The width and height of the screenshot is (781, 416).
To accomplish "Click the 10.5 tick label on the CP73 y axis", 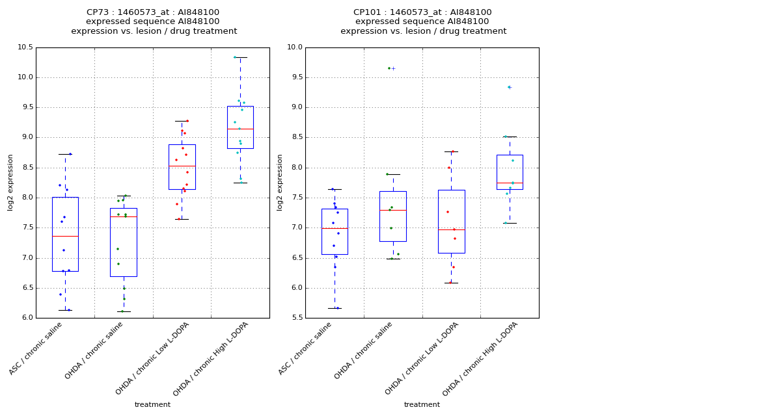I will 25,47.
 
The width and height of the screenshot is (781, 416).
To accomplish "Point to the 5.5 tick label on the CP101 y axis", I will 295,318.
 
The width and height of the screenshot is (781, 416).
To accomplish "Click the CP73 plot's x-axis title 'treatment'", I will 152,405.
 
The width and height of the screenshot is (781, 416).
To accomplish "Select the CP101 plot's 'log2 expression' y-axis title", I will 280,182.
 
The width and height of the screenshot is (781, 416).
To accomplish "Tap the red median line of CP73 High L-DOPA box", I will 240,129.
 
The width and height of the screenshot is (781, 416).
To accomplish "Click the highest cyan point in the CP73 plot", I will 235,57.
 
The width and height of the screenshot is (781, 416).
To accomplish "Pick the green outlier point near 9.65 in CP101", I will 389,68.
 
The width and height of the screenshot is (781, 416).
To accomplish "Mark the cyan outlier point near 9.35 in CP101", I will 509,87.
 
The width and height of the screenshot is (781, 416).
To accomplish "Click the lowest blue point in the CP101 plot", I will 337,308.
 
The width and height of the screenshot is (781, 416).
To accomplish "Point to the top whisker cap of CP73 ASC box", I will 65,154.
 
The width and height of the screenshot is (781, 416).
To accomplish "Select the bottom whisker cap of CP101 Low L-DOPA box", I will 451,283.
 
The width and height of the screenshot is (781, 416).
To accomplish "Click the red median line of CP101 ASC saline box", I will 335,228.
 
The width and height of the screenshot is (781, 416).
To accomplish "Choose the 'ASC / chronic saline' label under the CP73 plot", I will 36,348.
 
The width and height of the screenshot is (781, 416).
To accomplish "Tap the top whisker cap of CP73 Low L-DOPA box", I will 182,121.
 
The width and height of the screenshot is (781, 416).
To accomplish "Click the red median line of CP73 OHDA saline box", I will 123,216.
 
